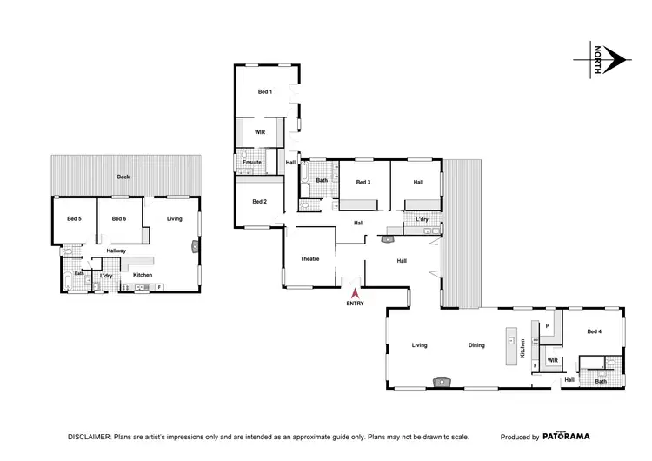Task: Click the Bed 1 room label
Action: click(264, 91)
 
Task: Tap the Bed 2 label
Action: click(259, 202)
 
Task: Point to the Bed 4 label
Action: click(594, 331)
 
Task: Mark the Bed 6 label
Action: click(119, 218)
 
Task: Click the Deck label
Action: click(124, 177)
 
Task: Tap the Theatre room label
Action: click(311, 259)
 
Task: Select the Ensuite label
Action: click(252, 162)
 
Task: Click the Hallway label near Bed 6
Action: click(116, 251)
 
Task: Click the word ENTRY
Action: click(354, 304)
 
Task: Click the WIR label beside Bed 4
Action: click(552, 358)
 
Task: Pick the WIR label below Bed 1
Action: click(259, 132)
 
